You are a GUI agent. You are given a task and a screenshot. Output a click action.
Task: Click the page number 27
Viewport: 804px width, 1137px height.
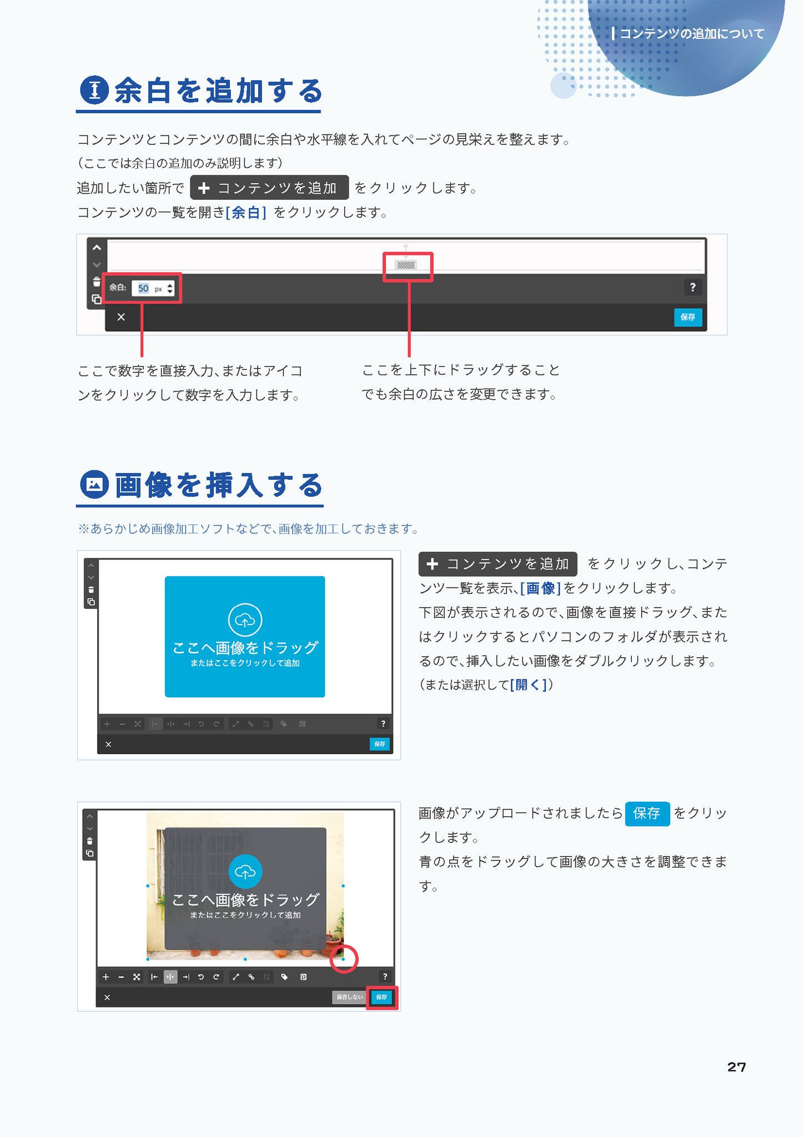coord(736,1066)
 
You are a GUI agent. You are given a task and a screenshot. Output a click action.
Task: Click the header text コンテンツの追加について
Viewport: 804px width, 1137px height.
coord(692,34)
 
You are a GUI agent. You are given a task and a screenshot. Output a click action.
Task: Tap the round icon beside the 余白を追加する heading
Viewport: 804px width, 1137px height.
coord(94,90)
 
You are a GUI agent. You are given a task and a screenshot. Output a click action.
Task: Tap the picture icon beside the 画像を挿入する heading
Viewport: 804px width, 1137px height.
coord(94,484)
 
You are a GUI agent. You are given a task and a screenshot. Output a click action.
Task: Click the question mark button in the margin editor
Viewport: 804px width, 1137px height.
coord(692,287)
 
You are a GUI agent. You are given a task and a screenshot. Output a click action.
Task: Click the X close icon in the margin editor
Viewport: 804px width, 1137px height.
coord(121,317)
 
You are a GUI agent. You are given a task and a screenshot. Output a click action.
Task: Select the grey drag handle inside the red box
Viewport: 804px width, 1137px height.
coord(406,265)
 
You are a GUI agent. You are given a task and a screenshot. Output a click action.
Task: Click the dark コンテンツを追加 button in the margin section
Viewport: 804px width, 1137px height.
coord(269,188)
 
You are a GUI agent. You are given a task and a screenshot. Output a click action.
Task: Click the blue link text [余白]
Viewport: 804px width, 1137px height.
coord(246,213)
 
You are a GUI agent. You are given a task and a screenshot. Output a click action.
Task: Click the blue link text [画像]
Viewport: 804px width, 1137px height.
coord(540,588)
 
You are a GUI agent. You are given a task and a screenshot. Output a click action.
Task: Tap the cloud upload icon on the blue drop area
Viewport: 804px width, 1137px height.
coord(245,620)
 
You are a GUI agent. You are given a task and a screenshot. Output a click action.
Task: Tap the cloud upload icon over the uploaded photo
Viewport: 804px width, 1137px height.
coord(245,872)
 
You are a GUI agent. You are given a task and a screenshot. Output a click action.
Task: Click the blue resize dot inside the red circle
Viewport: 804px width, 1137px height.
coord(343,959)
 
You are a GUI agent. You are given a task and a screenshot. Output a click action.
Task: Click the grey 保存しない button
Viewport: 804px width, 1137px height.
coord(349,997)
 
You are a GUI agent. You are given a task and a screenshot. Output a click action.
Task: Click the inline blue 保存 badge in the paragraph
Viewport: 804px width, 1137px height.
coord(647,814)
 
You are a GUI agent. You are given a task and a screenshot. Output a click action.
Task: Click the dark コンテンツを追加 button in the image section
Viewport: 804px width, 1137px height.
coord(498,564)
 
